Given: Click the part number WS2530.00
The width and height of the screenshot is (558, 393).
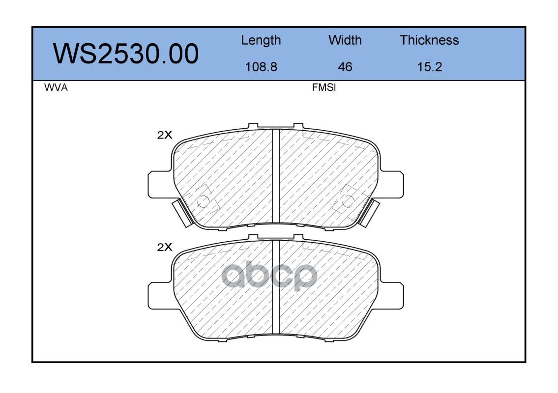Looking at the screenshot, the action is point(126,54).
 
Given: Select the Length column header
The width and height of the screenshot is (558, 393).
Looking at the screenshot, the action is point(261,41).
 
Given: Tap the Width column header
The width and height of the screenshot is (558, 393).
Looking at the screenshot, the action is point(345,40).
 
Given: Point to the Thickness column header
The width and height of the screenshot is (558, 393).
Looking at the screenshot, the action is point(429,40).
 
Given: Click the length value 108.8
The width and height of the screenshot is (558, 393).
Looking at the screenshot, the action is point(261,67).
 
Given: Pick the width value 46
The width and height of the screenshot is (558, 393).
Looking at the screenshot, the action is point(345,67).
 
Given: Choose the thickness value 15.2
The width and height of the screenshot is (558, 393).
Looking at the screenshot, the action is point(430,67).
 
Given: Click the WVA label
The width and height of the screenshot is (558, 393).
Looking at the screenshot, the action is point(56,87).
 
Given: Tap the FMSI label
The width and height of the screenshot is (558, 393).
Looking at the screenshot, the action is point(324,87).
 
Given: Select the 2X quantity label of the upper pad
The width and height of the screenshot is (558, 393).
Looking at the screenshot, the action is point(164,135).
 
